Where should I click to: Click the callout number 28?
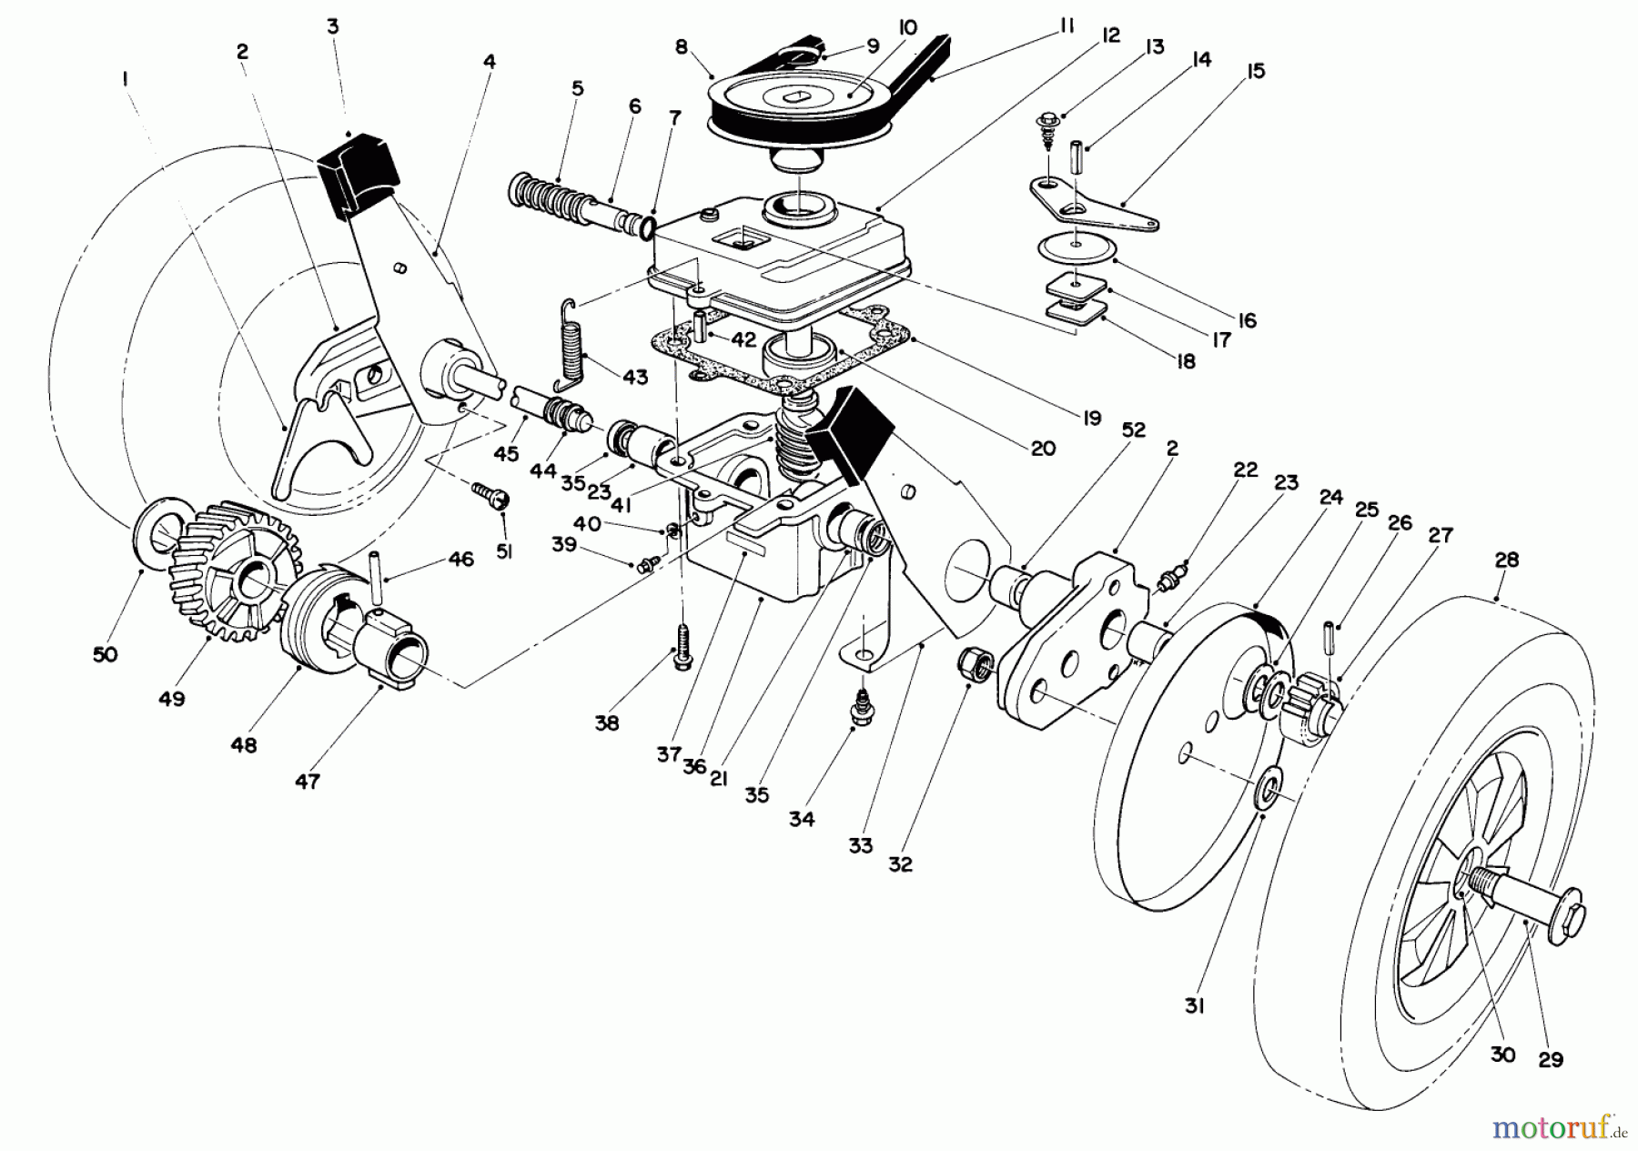point(1506,560)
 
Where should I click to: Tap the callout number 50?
point(106,654)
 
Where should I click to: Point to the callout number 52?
point(1134,429)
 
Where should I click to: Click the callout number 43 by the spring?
point(634,376)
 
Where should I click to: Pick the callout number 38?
point(607,723)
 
